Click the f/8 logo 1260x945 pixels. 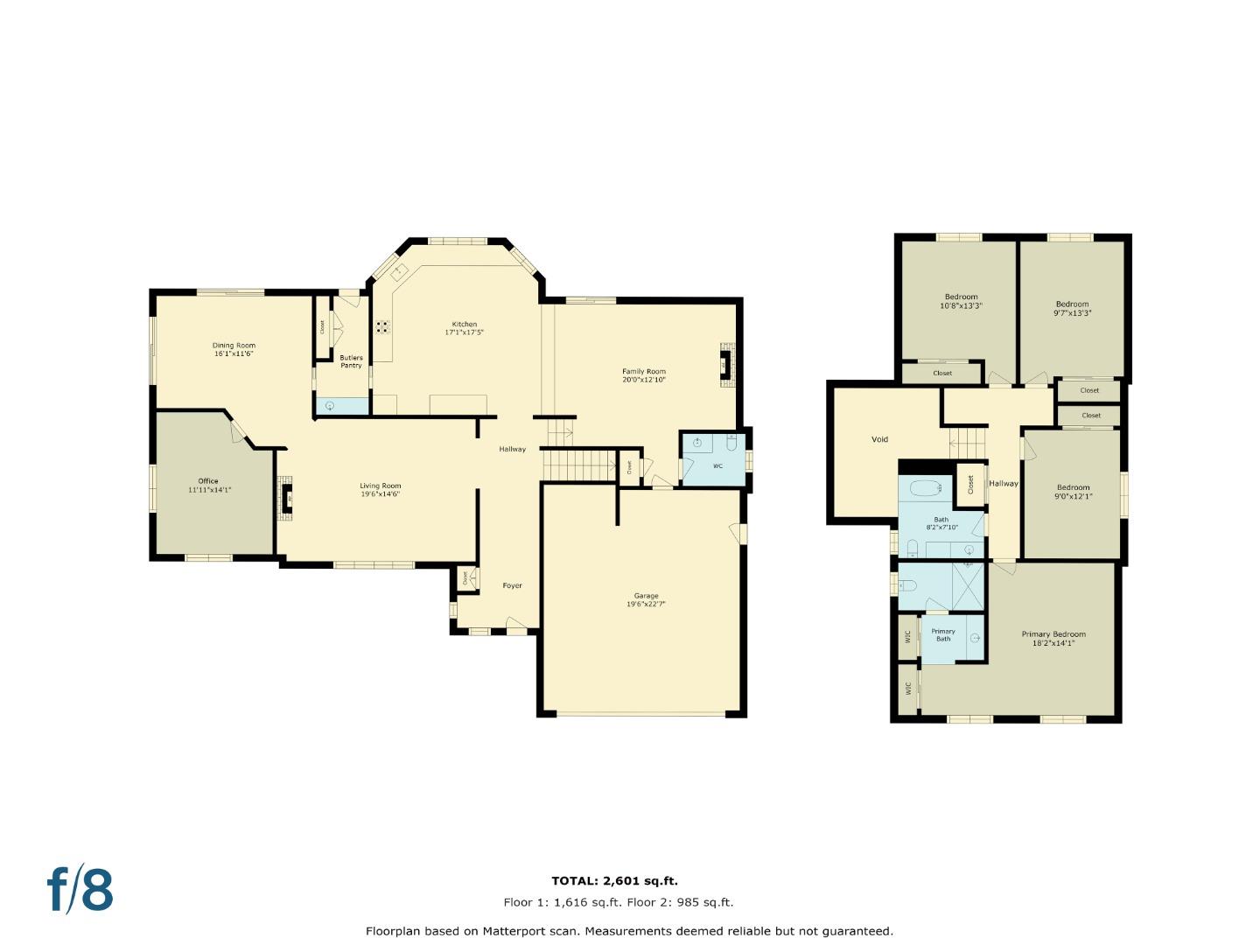(x=80, y=890)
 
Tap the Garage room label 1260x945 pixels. (x=646, y=596)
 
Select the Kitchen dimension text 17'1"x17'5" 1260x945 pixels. (x=464, y=332)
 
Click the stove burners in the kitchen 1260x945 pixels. (x=383, y=327)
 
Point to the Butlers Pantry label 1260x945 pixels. (x=351, y=361)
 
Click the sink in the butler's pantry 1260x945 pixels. (x=330, y=405)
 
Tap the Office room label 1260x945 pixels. (x=208, y=481)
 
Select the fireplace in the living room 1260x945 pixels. (x=286, y=499)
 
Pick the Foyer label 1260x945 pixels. (x=512, y=585)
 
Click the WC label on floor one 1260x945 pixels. (x=717, y=466)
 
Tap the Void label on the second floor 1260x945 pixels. (x=879, y=439)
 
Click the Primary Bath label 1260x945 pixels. (x=943, y=634)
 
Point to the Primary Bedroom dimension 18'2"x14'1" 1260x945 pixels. (x=1053, y=643)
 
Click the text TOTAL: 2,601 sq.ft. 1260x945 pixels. (x=614, y=881)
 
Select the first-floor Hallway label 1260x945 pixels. (x=512, y=449)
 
